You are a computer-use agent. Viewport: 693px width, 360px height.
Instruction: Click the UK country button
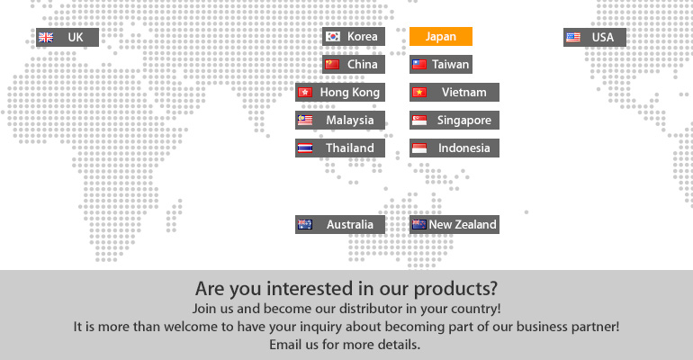coord(67,37)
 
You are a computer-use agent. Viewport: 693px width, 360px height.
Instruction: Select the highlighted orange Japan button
coord(441,36)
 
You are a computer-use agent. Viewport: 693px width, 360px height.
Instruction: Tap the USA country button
coord(595,37)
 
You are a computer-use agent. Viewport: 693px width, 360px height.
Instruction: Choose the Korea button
coord(354,36)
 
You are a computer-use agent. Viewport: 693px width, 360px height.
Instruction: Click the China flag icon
coord(332,65)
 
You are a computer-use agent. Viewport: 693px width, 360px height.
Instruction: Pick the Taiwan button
coord(441,64)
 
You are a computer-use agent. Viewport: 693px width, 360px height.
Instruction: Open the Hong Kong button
coord(340,93)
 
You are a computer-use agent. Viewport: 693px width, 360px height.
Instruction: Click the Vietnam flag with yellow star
coord(419,93)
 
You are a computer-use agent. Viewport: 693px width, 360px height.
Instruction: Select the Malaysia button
coord(340,120)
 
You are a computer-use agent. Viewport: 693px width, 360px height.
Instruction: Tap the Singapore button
coord(454,120)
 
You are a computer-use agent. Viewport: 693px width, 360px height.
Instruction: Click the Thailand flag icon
coord(305,148)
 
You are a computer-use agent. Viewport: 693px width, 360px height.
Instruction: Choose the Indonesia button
coord(454,148)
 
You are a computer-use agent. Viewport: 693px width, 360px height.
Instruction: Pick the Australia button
coord(340,224)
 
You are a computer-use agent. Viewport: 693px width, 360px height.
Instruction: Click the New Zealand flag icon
coord(419,224)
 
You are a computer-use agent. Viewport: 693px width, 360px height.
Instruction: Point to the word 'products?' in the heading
coord(455,289)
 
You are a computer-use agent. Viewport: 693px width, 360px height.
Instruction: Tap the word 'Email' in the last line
coord(283,345)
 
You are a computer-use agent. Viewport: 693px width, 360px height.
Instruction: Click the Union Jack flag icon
coord(46,38)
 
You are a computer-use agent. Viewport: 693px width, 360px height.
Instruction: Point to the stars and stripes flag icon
coord(573,38)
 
